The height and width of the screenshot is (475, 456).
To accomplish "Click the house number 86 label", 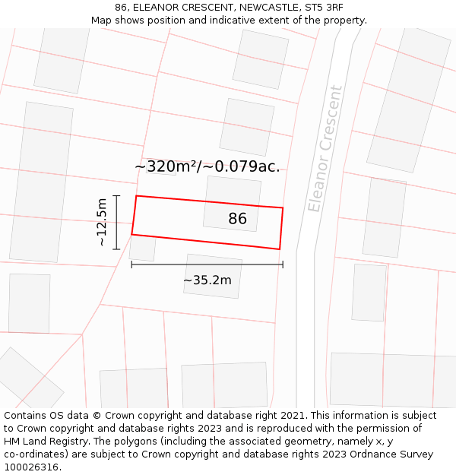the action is click(x=237, y=219).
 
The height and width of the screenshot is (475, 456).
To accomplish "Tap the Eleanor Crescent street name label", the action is click(x=325, y=149).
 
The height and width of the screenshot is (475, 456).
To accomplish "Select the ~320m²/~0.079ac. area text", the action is click(x=207, y=166).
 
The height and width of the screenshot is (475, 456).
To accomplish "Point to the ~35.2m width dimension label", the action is click(x=207, y=280).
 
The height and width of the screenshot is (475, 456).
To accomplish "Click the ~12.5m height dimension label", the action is click(x=102, y=221).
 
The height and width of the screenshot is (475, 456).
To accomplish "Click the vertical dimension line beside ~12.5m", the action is click(x=116, y=222).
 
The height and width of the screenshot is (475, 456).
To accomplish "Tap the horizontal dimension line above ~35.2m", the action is click(x=207, y=264).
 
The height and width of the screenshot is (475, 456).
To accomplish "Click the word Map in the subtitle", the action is click(x=102, y=21).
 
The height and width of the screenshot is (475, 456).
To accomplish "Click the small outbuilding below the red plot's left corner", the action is click(x=142, y=248).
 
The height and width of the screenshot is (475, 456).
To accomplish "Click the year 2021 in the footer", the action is click(x=291, y=416).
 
